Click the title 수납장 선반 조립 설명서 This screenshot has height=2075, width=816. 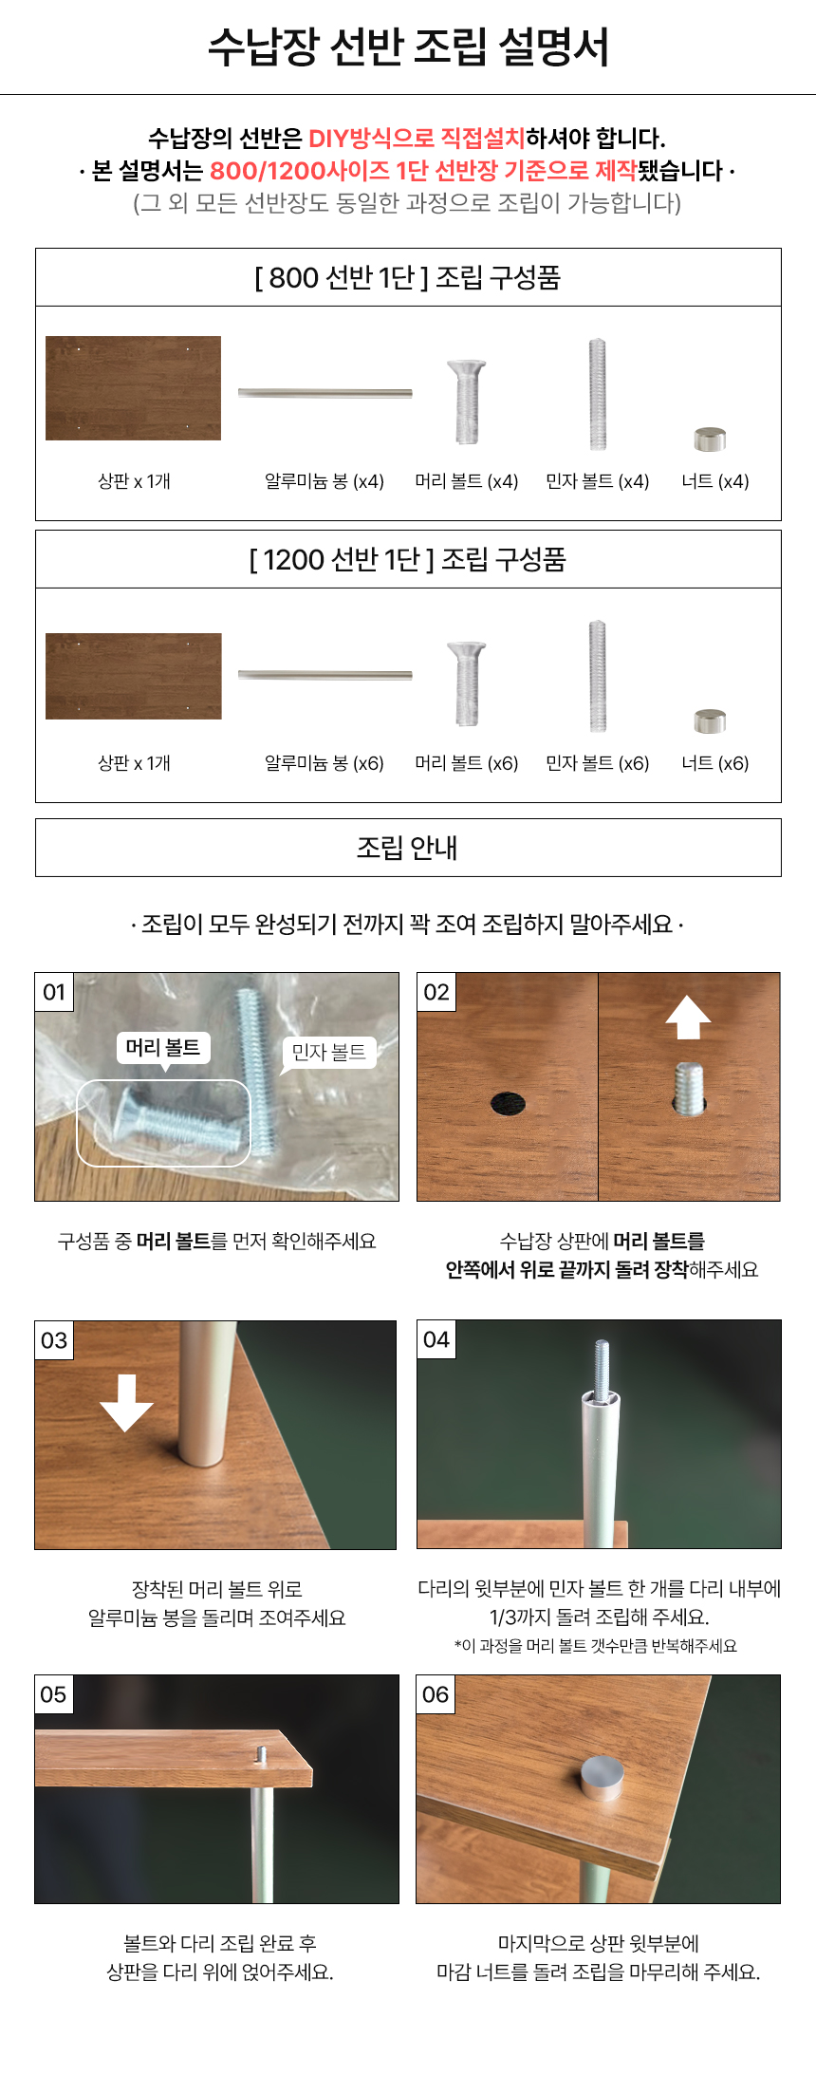click(408, 47)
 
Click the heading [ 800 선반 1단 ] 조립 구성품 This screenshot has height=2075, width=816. click(408, 277)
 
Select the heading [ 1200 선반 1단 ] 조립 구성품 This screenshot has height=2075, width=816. click(408, 559)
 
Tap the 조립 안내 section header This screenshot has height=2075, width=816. click(408, 848)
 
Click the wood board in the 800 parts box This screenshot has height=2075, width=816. click(133, 387)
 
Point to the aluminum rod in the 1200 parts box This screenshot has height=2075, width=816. click(325, 675)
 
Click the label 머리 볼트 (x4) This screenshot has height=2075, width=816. click(467, 481)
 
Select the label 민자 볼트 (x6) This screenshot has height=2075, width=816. click(598, 763)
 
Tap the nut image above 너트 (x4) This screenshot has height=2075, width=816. click(710, 439)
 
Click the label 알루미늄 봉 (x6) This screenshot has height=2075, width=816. click(325, 763)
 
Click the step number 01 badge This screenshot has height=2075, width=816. click(54, 992)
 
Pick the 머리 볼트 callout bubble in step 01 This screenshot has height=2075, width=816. click(163, 1049)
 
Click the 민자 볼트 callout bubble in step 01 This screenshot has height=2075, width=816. click(328, 1054)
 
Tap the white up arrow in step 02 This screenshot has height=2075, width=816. click(688, 1019)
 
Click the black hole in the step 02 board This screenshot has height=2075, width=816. click(509, 1103)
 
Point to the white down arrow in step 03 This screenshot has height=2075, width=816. click(126, 1403)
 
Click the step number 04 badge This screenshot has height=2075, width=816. click(436, 1339)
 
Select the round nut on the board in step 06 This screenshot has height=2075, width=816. click(603, 1777)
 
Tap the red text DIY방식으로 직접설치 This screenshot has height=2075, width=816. click(417, 139)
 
